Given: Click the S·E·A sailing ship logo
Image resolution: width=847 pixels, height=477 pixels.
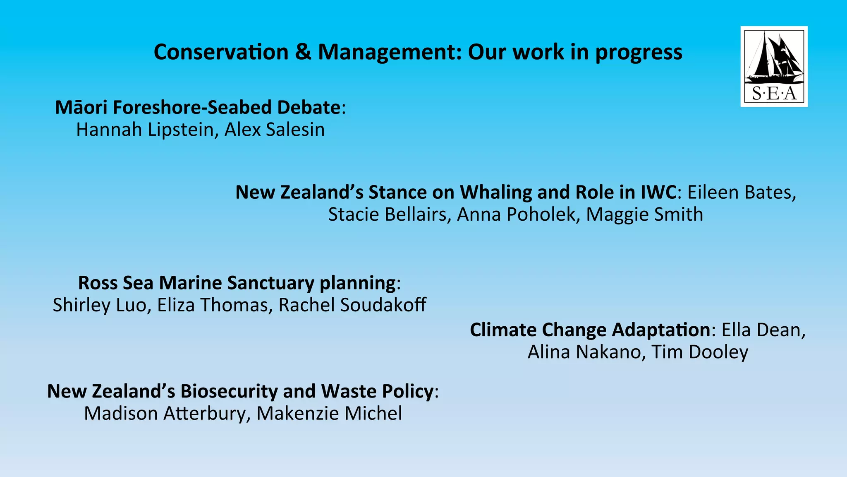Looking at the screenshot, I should click(773, 66).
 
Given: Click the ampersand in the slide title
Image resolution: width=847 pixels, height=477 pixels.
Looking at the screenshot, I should click(303, 52).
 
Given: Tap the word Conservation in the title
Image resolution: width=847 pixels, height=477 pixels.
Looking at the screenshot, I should click(221, 52).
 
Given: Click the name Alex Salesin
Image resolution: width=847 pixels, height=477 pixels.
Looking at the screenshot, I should click(275, 130).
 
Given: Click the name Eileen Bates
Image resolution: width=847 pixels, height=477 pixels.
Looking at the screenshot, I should click(742, 193).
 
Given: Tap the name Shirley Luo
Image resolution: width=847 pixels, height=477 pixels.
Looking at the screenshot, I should click(99, 305).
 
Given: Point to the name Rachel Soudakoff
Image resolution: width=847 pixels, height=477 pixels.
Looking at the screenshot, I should click(352, 305).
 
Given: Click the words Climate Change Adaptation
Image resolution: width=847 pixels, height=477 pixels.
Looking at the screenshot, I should click(590, 330).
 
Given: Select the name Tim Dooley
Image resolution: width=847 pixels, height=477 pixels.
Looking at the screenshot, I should click(700, 352).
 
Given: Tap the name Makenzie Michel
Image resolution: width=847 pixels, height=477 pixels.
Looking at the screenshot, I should click(329, 413).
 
